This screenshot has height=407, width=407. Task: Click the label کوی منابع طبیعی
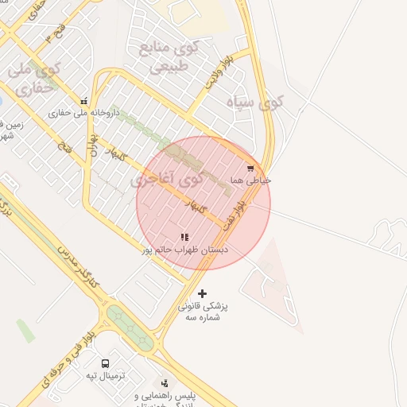click(x=169, y=56)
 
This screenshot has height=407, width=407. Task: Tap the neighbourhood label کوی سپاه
click(x=254, y=102)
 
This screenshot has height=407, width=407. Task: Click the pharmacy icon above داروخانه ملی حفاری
click(x=84, y=101)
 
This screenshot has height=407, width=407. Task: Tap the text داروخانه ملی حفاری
click(x=83, y=113)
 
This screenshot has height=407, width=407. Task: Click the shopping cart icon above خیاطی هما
click(x=251, y=169)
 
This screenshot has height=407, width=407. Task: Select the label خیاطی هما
click(x=251, y=180)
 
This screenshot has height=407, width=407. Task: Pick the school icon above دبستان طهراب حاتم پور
click(x=184, y=237)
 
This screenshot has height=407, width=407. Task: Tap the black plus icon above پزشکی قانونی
click(x=202, y=293)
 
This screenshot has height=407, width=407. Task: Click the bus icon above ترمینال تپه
click(x=106, y=363)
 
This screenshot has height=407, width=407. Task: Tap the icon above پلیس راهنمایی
click(x=165, y=383)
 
